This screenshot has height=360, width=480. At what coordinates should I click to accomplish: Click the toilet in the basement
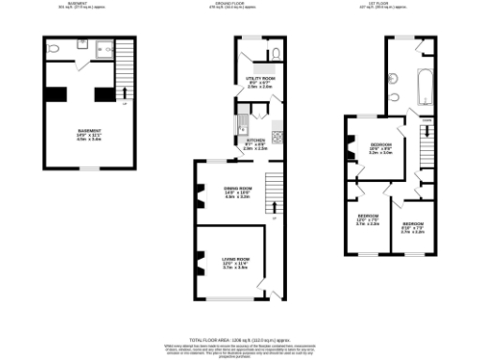pos(55,48)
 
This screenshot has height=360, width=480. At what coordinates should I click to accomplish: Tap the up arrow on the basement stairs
pos(127,92)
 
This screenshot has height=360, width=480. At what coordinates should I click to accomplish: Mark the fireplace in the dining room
pos(200,195)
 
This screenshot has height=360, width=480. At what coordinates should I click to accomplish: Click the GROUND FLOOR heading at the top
pos(239,4)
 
